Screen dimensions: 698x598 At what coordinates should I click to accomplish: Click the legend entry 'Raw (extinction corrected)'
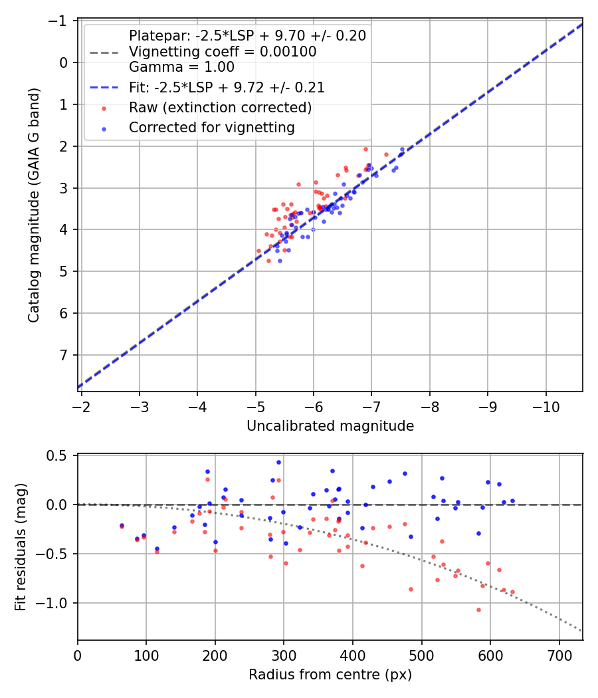point(220,107)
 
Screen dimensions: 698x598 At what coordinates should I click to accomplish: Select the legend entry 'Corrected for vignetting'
point(212,127)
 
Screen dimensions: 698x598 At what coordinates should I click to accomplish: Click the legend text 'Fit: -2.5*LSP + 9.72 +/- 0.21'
point(227,87)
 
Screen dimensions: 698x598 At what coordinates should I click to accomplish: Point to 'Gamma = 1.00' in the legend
point(181,66)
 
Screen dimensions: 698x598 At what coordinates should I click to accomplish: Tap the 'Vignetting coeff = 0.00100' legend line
point(223,51)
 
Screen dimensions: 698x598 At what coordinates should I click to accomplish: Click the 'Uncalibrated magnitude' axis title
point(330,426)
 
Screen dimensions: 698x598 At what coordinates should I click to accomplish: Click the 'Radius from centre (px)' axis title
point(330,675)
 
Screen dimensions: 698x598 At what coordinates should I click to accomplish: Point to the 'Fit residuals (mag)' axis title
point(21,546)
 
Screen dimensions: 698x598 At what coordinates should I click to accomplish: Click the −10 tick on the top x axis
point(546,405)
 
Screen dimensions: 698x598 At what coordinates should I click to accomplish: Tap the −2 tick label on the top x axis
point(81,405)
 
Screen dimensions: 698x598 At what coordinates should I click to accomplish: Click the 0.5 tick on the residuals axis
point(60,455)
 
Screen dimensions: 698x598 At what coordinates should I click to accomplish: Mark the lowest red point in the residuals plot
point(478,610)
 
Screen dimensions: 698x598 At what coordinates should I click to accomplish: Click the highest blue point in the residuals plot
point(278,462)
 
